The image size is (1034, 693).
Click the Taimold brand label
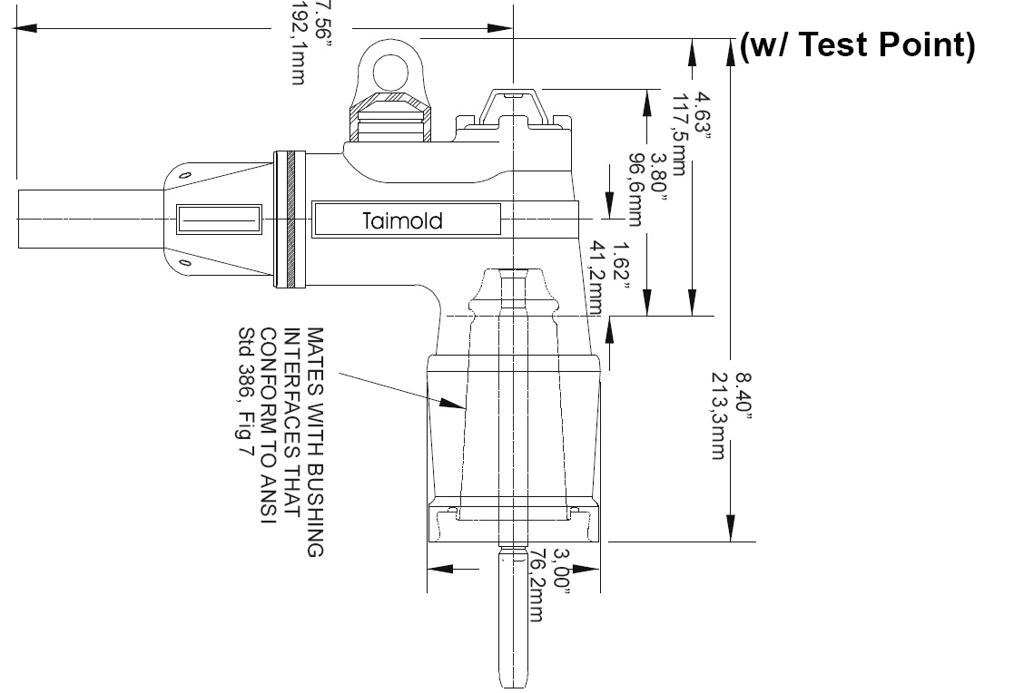point(403,220)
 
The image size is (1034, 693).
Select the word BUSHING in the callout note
point(314,516)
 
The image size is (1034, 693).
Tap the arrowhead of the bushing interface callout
point(454,405)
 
